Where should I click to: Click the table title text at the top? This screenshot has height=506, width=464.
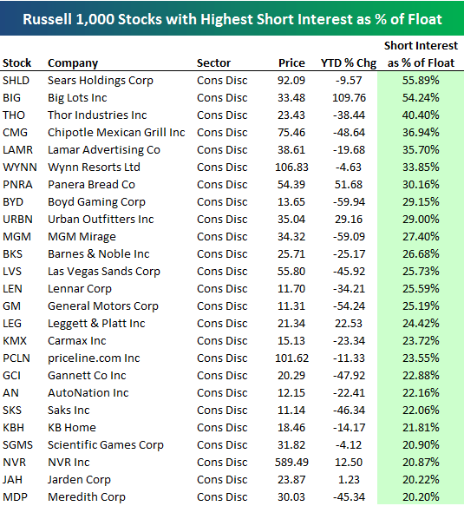(232, 18)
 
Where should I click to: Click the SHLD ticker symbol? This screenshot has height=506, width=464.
(17, 80)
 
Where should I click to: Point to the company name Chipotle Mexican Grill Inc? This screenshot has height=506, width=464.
(116, 132)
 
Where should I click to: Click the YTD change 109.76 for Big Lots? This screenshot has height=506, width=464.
(350, 97)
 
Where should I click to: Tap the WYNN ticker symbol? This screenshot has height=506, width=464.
(20, 167)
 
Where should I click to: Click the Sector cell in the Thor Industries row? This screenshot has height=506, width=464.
(221, 115)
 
